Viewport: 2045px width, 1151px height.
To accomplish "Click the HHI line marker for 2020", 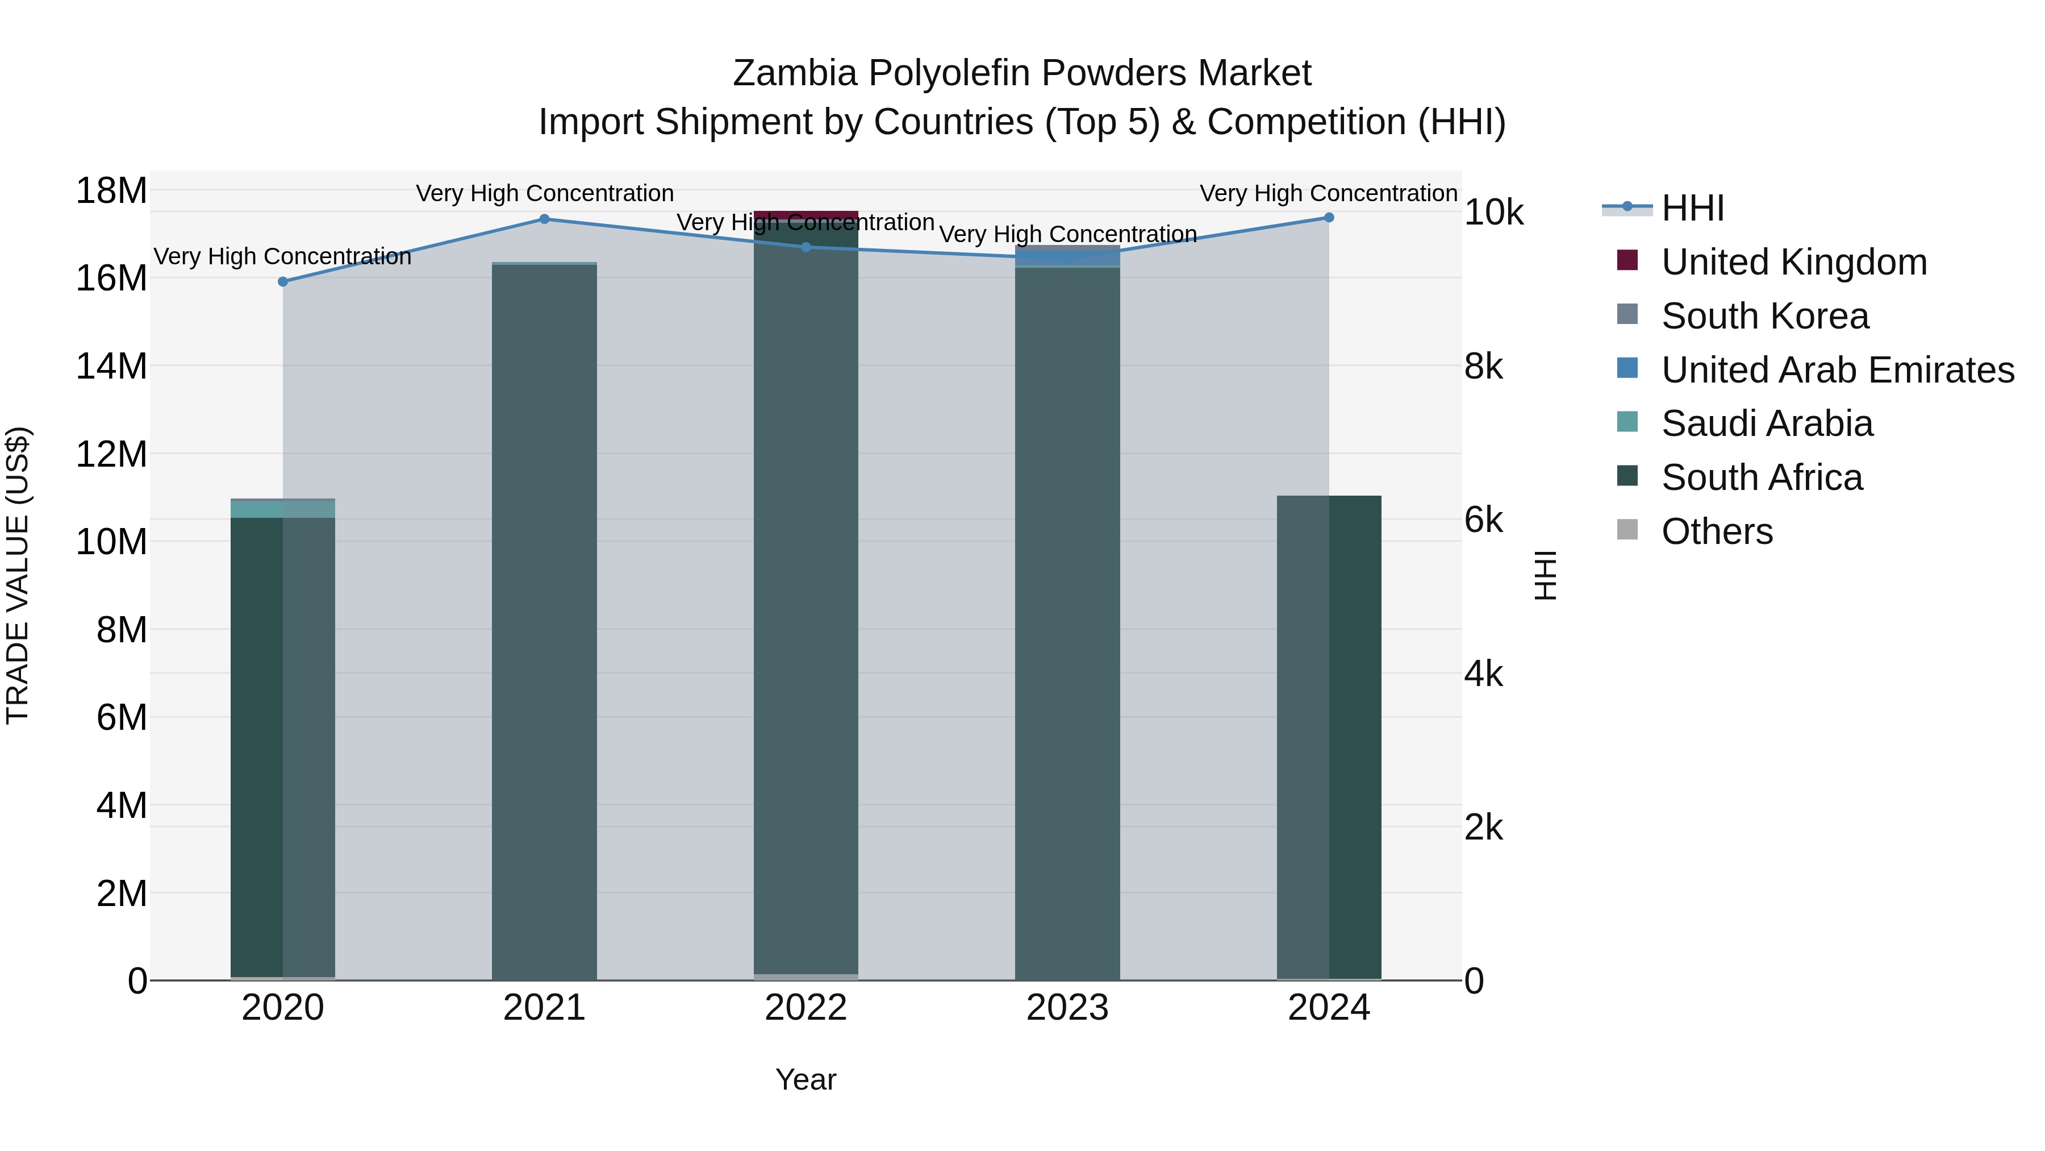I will point(283,281).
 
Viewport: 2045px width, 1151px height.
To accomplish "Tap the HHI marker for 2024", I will point(1328,218).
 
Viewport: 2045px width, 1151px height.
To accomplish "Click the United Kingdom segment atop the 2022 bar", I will point(805,215).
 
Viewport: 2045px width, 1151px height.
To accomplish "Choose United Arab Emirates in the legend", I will point(1837,370).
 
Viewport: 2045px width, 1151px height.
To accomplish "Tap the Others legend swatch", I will point(1627,530).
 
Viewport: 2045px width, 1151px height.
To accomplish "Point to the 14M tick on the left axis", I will point(111,366).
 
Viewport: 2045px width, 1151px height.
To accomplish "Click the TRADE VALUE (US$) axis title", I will point(18,575).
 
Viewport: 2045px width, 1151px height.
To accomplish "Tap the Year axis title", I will point(805,1079).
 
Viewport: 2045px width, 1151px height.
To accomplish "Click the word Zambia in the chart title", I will point(795,73).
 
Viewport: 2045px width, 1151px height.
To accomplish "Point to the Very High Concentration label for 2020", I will point(283,256).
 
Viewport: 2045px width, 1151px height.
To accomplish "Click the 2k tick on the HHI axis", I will point(1483,828).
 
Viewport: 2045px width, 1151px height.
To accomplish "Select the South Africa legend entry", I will point(1761,477).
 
